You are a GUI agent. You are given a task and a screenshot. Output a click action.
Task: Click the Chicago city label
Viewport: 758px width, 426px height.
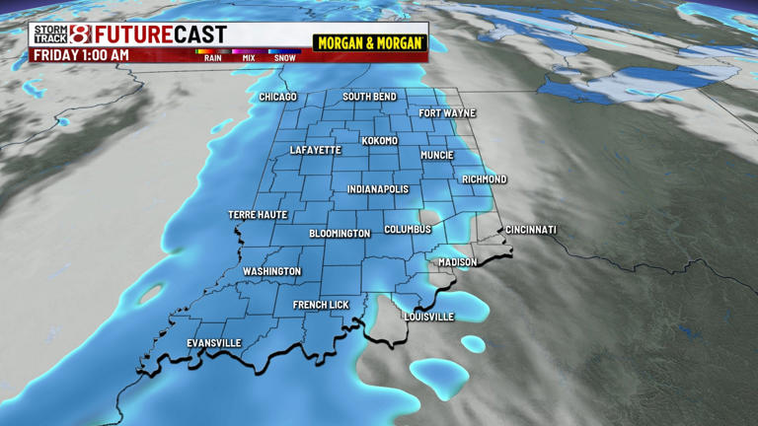[x=278, y=98]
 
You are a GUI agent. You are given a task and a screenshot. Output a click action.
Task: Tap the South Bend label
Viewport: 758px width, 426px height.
[x=369, y=97]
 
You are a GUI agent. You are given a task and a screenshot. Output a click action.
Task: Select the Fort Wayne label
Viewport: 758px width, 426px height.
[x=447, y=113]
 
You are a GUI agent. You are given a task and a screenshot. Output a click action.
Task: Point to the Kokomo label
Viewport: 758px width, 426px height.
[x=379, y=141]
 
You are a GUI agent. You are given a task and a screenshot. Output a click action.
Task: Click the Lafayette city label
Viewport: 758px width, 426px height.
[x=316, y=151]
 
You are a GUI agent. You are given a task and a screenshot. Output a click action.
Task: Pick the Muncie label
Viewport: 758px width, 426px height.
[x=436, y=156]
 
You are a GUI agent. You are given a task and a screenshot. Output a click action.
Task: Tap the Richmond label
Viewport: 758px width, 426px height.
[x=484, y=179]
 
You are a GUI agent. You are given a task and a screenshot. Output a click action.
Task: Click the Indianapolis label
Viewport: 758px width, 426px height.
[x=378, y=189]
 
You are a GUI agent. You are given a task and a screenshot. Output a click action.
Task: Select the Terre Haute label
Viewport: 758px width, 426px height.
[x=258, y=215]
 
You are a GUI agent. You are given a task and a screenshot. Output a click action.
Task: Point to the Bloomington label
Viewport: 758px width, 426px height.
[x=340, y=234]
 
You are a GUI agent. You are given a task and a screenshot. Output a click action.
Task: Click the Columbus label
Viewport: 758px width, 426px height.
[x=408, y=230]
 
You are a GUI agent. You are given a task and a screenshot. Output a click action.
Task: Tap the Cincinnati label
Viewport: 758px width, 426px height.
[x=531, y=230]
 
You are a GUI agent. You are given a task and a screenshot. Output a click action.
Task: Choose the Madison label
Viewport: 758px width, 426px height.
[x=457, y=262]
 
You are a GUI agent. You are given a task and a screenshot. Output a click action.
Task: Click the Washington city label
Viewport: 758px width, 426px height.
[x=271, y=271]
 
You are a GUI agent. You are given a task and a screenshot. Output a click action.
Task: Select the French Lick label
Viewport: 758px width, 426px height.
[x=321, y=306]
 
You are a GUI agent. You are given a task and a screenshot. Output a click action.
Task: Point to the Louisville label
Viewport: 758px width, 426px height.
[x=429, y=317]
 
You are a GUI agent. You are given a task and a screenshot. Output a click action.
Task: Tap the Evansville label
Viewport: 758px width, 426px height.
[x=214, y=343]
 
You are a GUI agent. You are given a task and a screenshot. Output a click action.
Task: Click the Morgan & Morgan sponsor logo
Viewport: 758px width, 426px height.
[x=370, y=43]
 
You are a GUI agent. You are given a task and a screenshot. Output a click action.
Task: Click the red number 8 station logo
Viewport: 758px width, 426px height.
[x=80, y=35]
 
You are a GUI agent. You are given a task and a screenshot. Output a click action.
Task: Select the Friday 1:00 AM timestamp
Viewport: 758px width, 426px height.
[x=81, y=55]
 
